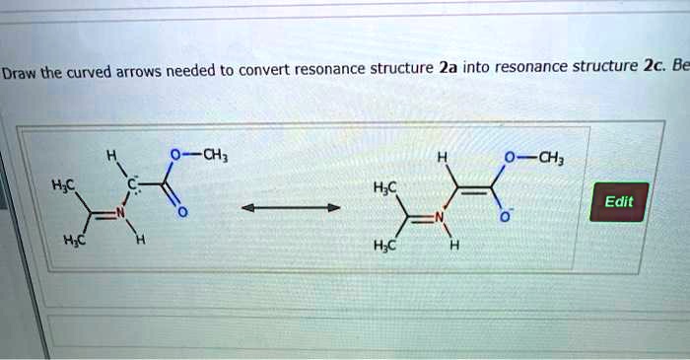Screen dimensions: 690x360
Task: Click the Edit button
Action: (x=619, y=201)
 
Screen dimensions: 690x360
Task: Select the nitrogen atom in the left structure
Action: (x=120, y=212)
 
